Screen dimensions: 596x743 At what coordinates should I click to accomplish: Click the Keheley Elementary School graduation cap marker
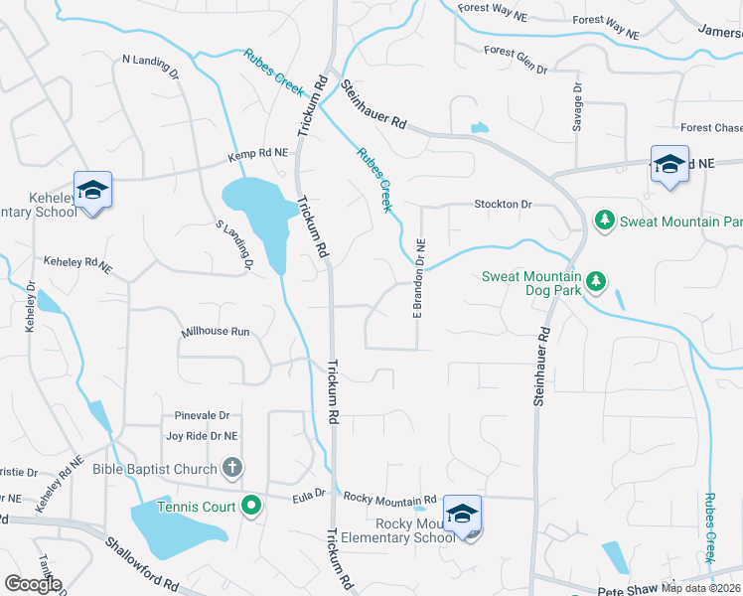click(92, 189)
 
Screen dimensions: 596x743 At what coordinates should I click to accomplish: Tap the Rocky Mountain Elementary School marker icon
click(462, 513)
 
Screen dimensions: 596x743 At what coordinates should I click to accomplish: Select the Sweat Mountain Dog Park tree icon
click(596, 282)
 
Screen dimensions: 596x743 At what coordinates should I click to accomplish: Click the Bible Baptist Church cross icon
click(231, 468)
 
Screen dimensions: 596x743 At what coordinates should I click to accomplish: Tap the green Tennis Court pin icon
click(251, 507)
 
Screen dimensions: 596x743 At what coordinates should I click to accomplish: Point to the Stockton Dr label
click(504, 205)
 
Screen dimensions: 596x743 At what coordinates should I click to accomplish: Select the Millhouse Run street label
click(215, 333)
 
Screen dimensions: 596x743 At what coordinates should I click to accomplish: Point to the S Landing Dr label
click(235, 245)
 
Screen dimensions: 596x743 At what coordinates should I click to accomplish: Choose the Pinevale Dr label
click(202, 416)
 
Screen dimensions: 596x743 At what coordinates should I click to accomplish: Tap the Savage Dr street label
click(577, 105)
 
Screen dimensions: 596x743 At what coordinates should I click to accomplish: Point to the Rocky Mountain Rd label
click(388, 499)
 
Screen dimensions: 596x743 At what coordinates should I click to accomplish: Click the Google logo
click(33, 584)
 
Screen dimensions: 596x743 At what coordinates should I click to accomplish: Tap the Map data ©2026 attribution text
click(700, 588)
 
